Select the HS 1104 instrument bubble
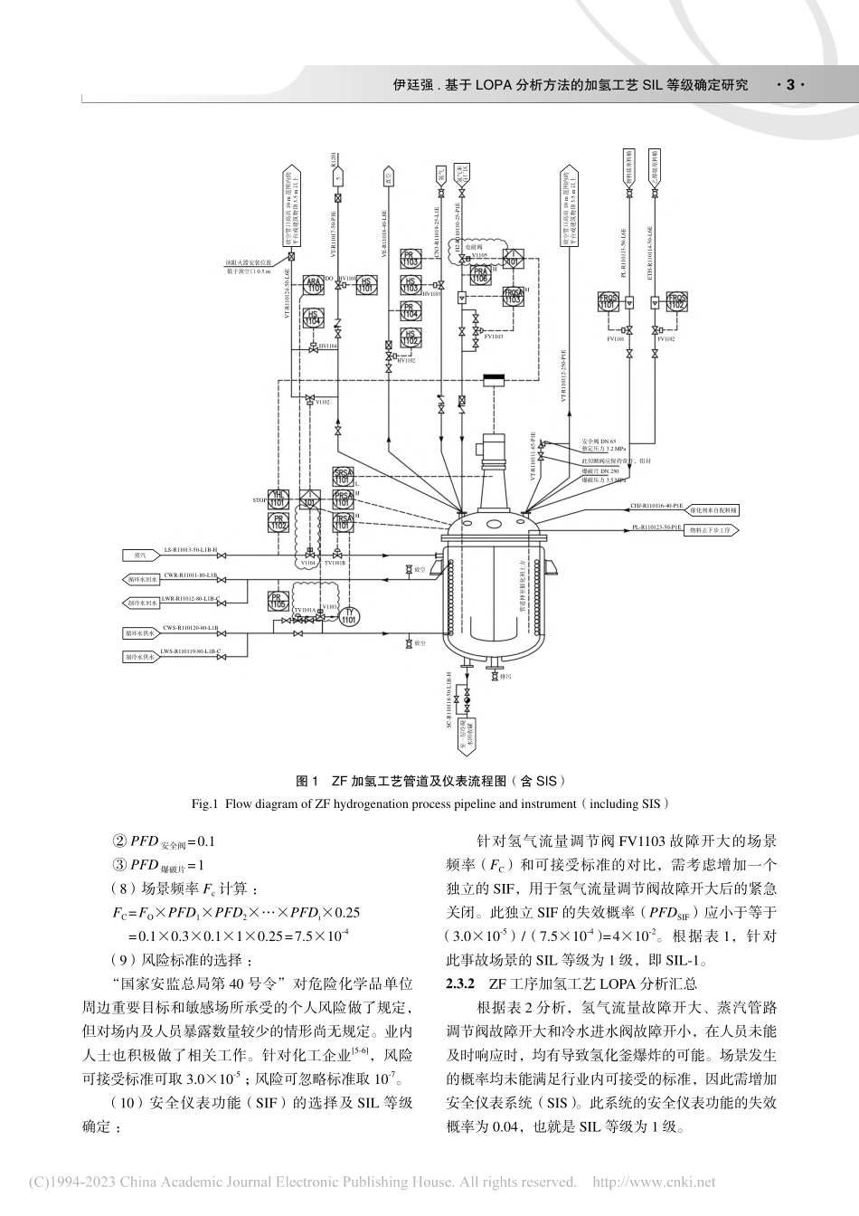pos(314,318)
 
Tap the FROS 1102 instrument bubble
pos(676,302)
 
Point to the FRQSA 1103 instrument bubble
pos(514,296)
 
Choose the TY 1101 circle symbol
pos(349,616)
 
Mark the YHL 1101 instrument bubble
pos(278,499)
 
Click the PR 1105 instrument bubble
pos(278,601)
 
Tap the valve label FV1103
pos(493,337)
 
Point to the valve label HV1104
pos(327,347)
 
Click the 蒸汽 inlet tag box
pos(139,555)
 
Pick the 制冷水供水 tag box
pos(140,656)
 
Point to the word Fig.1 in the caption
pos(204,803)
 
